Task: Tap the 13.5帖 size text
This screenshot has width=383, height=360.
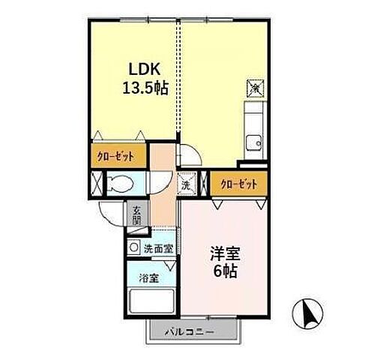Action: click(x=145, y=87)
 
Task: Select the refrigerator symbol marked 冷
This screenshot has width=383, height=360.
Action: click(x=255, y=88)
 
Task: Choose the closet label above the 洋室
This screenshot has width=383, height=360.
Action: click(x=239, y=183)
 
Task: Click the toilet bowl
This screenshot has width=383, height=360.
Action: click(x=121, y=183)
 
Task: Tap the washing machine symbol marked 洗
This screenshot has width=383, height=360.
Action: click(x=184, y=182)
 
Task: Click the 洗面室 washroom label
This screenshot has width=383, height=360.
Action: click(x=158, y=247)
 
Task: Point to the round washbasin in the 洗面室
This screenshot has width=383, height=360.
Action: click(x=133, y=247)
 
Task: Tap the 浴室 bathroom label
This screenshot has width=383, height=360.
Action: click(x=148, y=278)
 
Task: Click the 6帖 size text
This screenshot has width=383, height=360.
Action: click(x=224, y=272)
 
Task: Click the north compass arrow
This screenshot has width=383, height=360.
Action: click(x=308, y=312)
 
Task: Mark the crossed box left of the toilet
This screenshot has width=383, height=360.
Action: click(x=97, y=184)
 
